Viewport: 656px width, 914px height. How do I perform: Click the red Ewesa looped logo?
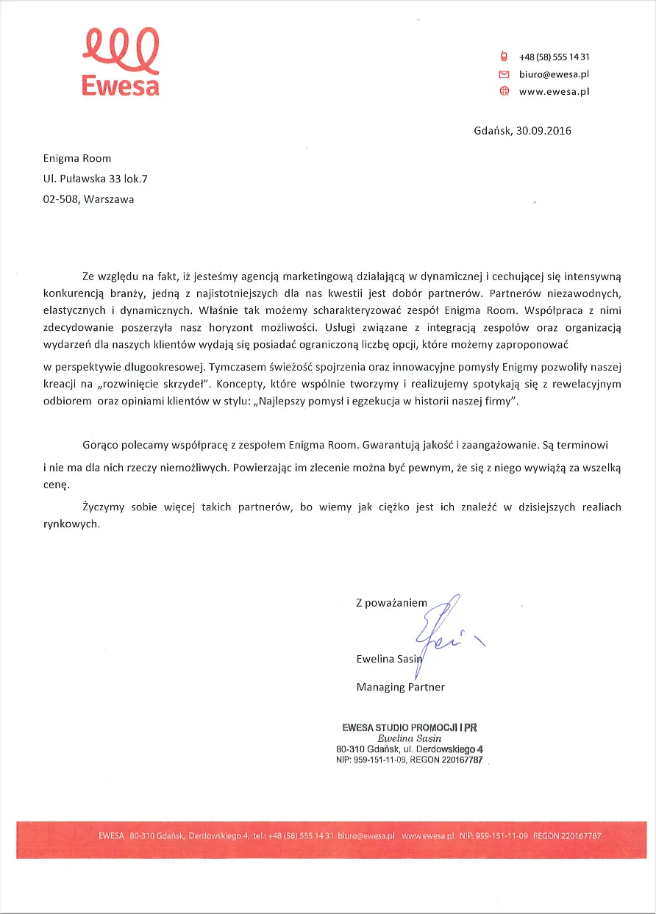pyautogui.click(x=121, y=62)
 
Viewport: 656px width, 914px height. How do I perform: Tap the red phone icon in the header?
pyautogui.click(x=504, y=57)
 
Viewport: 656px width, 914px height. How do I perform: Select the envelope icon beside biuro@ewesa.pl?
pyautogui.click(x=504, y=74)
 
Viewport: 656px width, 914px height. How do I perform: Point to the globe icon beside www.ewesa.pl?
pyautogui.click(x=504, y=92)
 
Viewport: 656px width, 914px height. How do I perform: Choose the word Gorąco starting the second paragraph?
pyautogui.click(x=100, y=446)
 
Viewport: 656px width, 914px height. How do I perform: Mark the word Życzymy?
pyautogui.click(x=104, y=507)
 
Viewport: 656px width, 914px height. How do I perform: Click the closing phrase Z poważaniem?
pyautogui.click(x=391, y=603)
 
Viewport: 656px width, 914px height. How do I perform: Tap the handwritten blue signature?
pyautogui.click(x=441, y=629)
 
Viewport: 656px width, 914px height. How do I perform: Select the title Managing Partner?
pyautogui.click(x=400, y=688)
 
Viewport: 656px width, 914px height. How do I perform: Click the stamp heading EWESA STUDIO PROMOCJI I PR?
pyautogui.click(x=409, y=727)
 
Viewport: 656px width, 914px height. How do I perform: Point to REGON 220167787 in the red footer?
pyautogui.click(x=567, y=836)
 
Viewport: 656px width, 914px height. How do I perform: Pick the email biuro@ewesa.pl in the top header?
pyautogui.click(x=554, y=74)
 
